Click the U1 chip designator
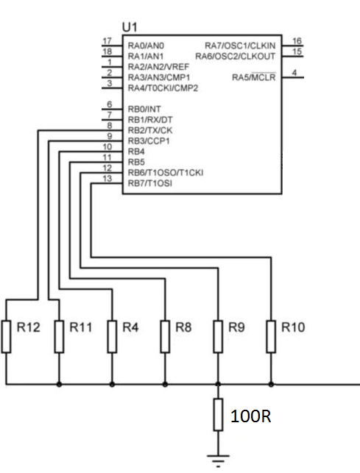[x=130, y=27]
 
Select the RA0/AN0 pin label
[x=146, y=46]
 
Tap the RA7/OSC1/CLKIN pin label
[x=240, y=46]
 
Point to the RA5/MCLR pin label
[x=254, y=77]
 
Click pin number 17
[x=107, y=40]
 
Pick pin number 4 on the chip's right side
[x=294, y=72]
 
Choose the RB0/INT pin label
[x=144, y=109]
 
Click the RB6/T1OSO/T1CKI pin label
[x=166, y=173]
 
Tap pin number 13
[x=107, y=179]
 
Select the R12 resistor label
[x=28, y=327]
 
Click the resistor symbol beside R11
[x=59, y=337]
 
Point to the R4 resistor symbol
[x=112, y=337]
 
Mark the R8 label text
[x=183, y=327]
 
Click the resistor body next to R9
[x=218, y=337]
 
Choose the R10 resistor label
[x=293, y=327]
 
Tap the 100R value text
[x=250, y=416]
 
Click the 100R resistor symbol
[x=218, y=414]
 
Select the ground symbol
[x=218, y=460]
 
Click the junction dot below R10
[x=271, y=384]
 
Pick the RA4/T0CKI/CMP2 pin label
[x=163, y=88]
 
